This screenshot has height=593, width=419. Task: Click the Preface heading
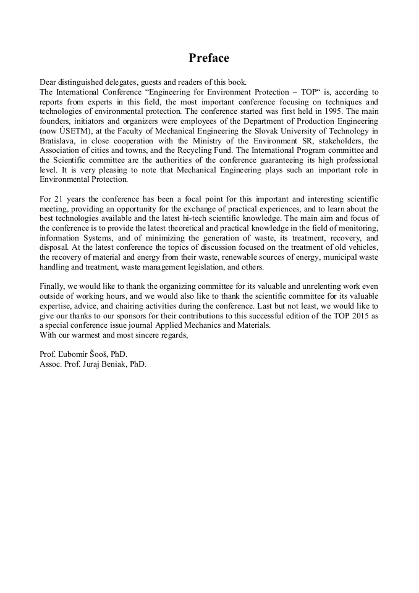(x=209, y=58)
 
